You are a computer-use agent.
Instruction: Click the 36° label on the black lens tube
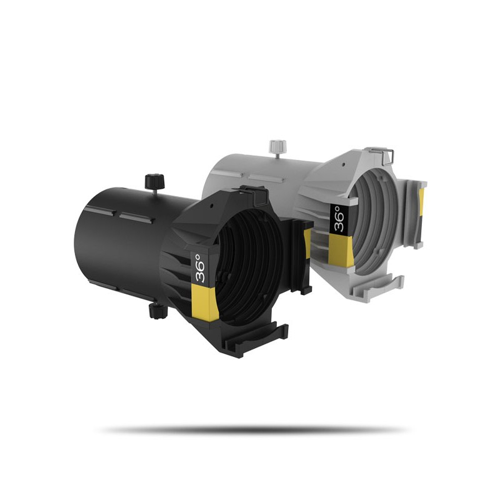[199, 269]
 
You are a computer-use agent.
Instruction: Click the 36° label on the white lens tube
[338, 219]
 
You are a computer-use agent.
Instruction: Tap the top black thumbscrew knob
[151, 181]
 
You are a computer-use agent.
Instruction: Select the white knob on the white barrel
[274, 147]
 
